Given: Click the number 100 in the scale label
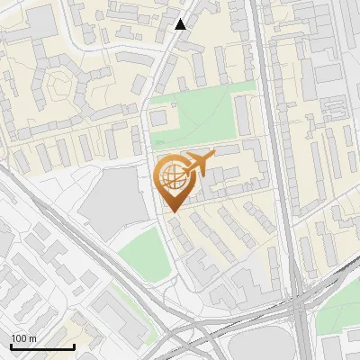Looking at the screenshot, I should pyautogui.click(x=19, y=338).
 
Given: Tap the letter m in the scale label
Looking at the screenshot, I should pyautogui.click(x=31, y=338).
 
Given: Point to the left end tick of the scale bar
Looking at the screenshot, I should pyautogui.click(x=11, y=346).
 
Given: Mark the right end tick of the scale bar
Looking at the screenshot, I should pyautogui.click(x=74, y=346).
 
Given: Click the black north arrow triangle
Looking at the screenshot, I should pyautogui.click(x=181, y=23).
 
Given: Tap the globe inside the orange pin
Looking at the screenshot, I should pyautogui.click(x=171, y=175).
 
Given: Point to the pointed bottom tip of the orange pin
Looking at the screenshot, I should pyautogui.click(x=171, y=213).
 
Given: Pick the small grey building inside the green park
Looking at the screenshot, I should pyautogui.click(x=160, y=117).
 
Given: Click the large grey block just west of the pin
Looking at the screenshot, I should pyautogui.click(x=112, y=198).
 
